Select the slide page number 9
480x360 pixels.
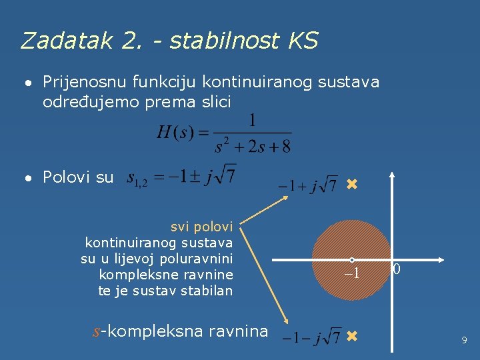(x=464, y=341)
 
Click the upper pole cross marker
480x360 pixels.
(x=352, y=184)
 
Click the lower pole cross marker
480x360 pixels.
(x=352, y=337)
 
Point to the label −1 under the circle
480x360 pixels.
(x=351, y=273)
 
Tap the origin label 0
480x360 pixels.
(x=397, y=270)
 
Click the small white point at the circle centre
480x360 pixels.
(x=352, y=260)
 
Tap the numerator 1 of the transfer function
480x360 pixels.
(x=251, y=121)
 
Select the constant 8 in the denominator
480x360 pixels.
(x=285, y=147)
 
